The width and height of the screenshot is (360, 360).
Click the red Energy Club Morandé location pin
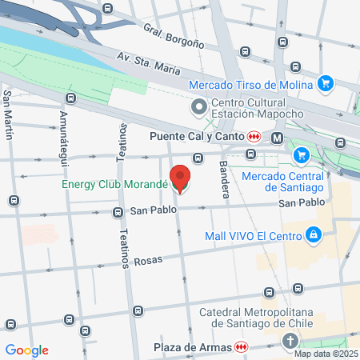tap(181, 178)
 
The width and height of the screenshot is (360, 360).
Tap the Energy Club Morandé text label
tap(114, 185)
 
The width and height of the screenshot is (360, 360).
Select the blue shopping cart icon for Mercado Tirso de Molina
tap(325, 83)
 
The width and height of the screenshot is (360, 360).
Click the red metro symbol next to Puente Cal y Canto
tap(253, 136)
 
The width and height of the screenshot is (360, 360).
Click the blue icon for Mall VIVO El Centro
tap(314, 234)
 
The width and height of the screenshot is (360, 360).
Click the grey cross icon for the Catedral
tap(290, 341)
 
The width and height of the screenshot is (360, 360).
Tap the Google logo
tap(26, 350)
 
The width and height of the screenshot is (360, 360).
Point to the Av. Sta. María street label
tap(148, 64)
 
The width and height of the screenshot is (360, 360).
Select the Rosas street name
tap(148, 261)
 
